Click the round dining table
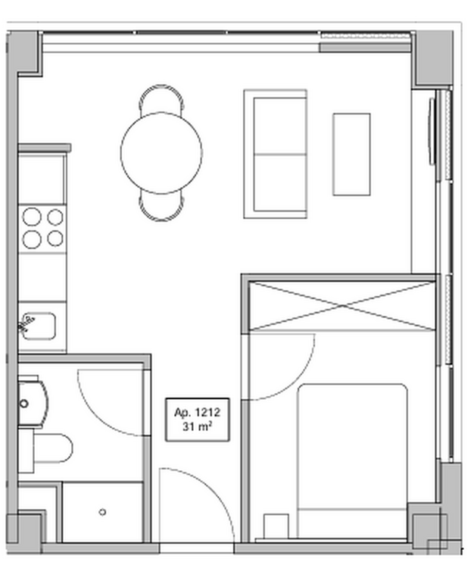pyautogui.click(x=161, y=153)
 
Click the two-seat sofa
pyautogui.click(x=276, y=154)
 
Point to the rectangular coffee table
pyautogui.click(x=351, y=154)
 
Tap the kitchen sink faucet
pyautogui.click(x=26, y=324)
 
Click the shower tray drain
pyautogui.click(x=102, y=512)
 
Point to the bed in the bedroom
pyautogui.click(x=351, y=460)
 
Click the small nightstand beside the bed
pyautogui.click(x=276, y=526)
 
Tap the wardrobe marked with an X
pyautogui.click(x=342, y=307)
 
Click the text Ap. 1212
pyautogui.click(x=198, y=413)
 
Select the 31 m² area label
pyautogui.click(x=197, y=427)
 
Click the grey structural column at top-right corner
pyautogui.click(x=433, y=59)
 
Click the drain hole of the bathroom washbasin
pyautogui.click(x=24, y=403)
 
